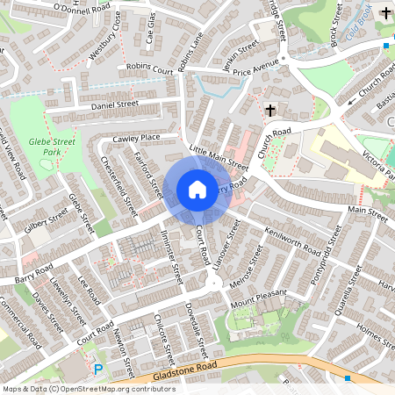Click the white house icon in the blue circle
pos(197,189)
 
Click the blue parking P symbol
pos(98,370)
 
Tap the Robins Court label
pos(149,66)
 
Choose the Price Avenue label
pos(255,64)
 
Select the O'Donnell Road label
pos(82,8)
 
